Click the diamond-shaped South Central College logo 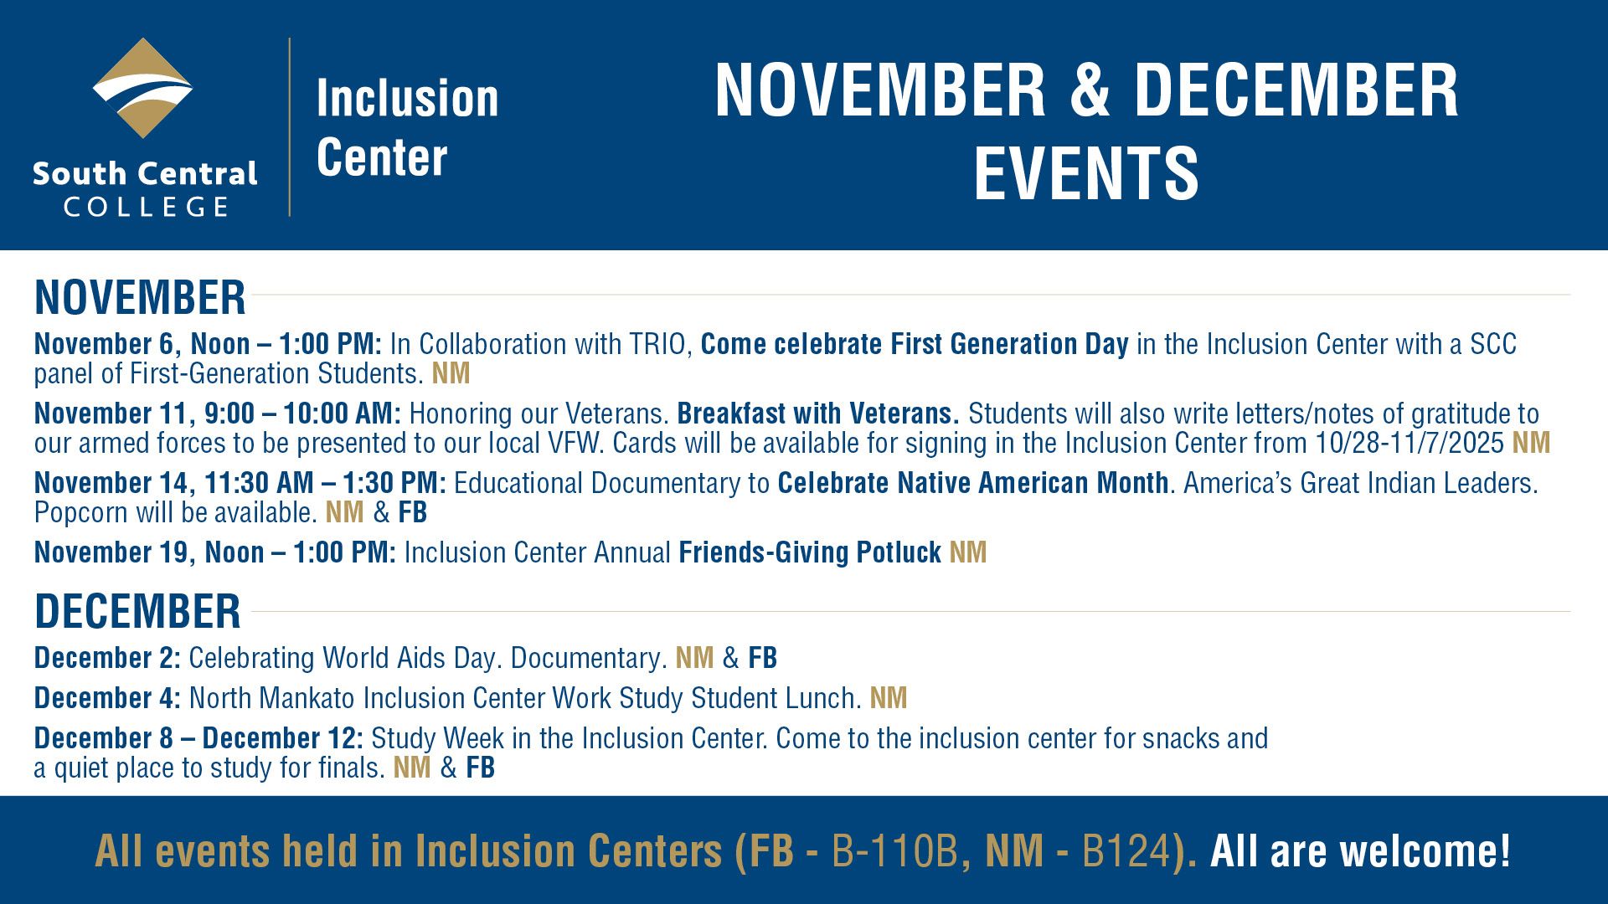click(143, 88)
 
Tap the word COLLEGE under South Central click(146, 207)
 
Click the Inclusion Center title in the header click(407, 127)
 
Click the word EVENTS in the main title click(1086, 173)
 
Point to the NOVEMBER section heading click(140, 297)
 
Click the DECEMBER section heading click(137, 611)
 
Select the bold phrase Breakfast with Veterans click(817, 413)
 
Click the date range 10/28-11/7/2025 click(1410, 443)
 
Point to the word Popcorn click(81, 512)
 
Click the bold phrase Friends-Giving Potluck click(810, 552)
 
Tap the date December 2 click(106, 658)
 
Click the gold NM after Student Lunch click(889, 698)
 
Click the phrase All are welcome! click(1360, 851)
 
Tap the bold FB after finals click(480, 768)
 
